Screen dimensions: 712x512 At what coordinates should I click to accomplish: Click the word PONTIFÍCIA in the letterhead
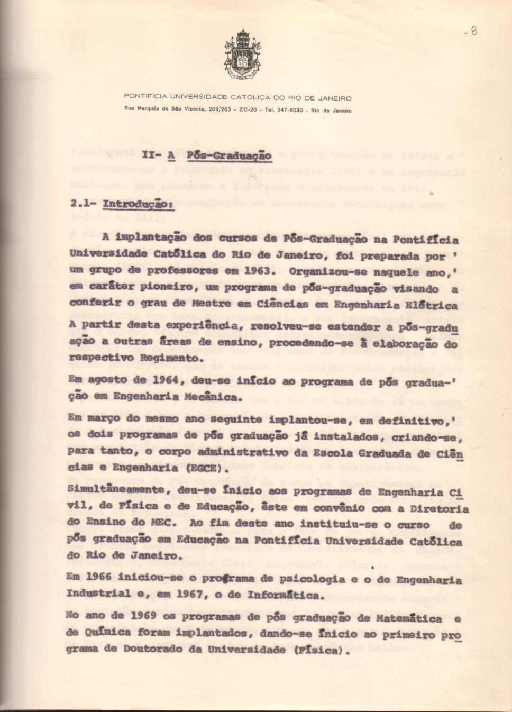tap(145, 97)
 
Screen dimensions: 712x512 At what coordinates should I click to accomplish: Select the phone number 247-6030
tap(290, 110)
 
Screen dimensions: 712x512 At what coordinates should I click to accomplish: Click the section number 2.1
tap(83, 204)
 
